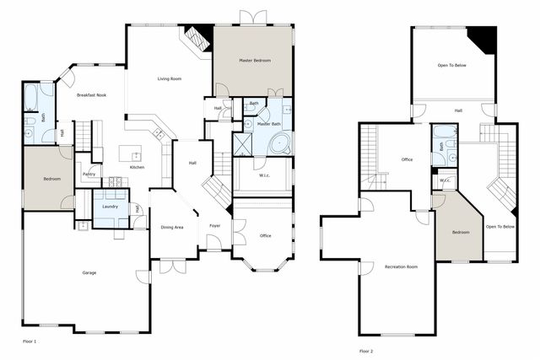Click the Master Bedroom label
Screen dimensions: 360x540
tap(253, 61)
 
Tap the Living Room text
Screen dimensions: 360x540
tap(170, 79)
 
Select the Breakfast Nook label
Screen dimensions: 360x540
tap(91, 95)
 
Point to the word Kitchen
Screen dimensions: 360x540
tap(137, 167)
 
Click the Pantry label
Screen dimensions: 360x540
tap(89, 175)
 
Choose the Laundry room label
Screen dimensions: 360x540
tap(110, 207)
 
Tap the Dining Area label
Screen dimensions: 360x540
tap(172, 227)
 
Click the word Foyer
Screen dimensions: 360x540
tap(215, 226)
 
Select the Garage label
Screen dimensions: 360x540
tap(89, 273)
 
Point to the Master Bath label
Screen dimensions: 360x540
tap(269, 124)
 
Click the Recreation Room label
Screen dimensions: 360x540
tap(401, 266)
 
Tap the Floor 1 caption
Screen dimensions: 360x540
tap(30, 341)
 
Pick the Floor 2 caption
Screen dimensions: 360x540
tap(365, 350)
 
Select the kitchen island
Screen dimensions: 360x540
tap(129, 153)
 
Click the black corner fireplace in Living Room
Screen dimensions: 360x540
tap(198, 37)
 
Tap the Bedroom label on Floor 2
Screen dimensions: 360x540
tap(460, 232)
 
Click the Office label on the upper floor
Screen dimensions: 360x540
tap(406, 159)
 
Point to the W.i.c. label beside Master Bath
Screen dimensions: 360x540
tap(263, 175)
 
